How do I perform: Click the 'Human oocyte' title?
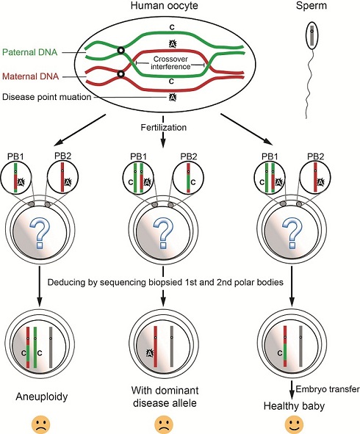pos(165,6)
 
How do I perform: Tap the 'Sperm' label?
pos(312,6)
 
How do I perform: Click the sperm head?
pos(312,35)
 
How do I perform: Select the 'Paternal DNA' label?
pos(30,52)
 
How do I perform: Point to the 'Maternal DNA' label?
pos(30,76)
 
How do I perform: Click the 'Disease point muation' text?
pos(47,97)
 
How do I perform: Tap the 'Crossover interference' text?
pos(170,63)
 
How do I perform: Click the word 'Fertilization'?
pos(164,127)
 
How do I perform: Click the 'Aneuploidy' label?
pos(42,397)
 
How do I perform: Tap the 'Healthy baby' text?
pos(294,406)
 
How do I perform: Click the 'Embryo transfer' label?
pos(328,389)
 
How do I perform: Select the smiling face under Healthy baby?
pos(294,425)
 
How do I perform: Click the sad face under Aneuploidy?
pos(41,426)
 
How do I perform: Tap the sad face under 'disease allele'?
pos(165,426)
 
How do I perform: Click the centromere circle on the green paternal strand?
pos(120,51)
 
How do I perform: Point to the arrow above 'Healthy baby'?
pos(291,390)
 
